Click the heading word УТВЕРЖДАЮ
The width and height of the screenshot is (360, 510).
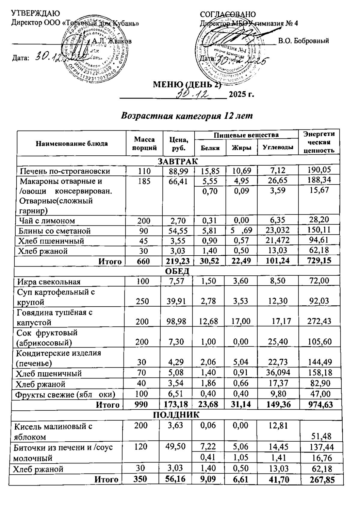pyautogui.click(x=36, y=14)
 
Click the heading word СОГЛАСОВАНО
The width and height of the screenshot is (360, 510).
pyautogui.click(x=228, y=14)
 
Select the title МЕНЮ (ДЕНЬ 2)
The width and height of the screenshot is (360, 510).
pyautogui.click(x=187, y=84)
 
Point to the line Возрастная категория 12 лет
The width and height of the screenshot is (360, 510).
pyautogui.click(x=187, y=116)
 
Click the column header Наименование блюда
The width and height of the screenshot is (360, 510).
pyautogui.click(x=71, y=143)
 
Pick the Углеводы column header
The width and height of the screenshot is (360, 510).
pyautogui.click(x=278, y=148)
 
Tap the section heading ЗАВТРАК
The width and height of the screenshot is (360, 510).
pyautogui.click(x=178, y=161)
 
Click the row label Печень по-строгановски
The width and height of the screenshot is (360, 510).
pyautogui.click(x=65, y=171)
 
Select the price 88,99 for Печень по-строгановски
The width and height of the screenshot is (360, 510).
pyautogui.click(x=178, y=171)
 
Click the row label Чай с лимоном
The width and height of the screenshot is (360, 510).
pyautogui.click(x=47, y=221)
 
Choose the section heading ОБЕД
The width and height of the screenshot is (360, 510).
pyautogui.click(x=177, y=271)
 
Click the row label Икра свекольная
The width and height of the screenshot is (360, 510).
pyautogui.click(x=48, y=282)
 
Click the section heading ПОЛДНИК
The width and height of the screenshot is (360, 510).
pyautogui.click(x=176, y=415)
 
